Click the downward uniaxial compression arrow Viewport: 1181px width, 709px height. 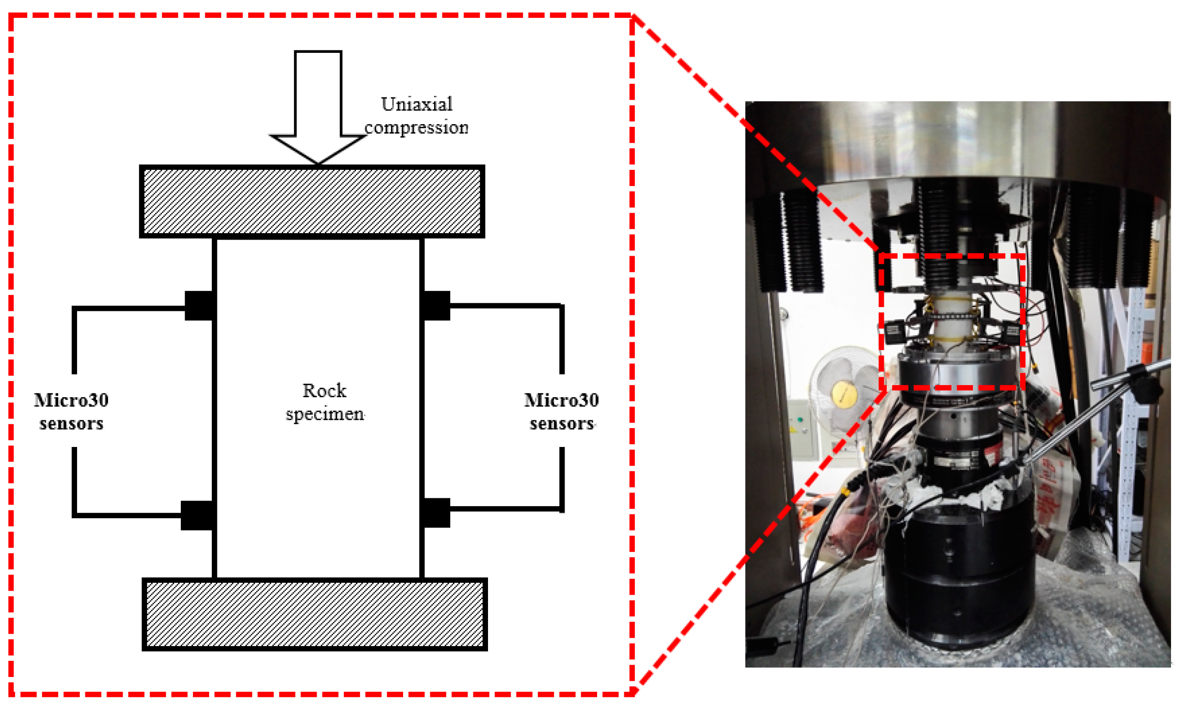pos(318,105)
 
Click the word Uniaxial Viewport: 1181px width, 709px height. pos(417,104)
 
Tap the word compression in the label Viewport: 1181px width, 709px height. pos(416,127)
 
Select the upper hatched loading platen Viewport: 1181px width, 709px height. pos(312,201)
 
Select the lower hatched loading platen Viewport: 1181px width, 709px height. pos(315,614)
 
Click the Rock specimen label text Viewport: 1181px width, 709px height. pos(324,402)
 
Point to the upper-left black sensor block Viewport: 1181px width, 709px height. pos(199,306)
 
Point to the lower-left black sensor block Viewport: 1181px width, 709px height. pos(197,515)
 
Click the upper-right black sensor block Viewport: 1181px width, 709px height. pos(436,306)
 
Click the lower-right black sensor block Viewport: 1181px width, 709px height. pos(436,512)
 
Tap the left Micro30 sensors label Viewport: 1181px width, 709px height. pos(71,411)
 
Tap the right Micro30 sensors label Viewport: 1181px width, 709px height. pos(561,411)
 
